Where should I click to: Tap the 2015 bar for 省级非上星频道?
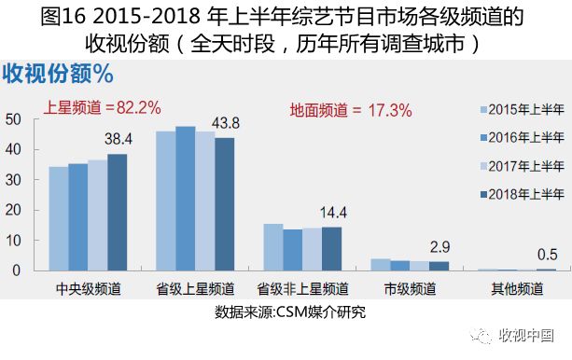272,247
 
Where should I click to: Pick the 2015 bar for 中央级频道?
59,218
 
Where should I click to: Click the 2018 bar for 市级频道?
438,266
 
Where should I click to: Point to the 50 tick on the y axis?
13,118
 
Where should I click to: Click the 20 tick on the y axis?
13,210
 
